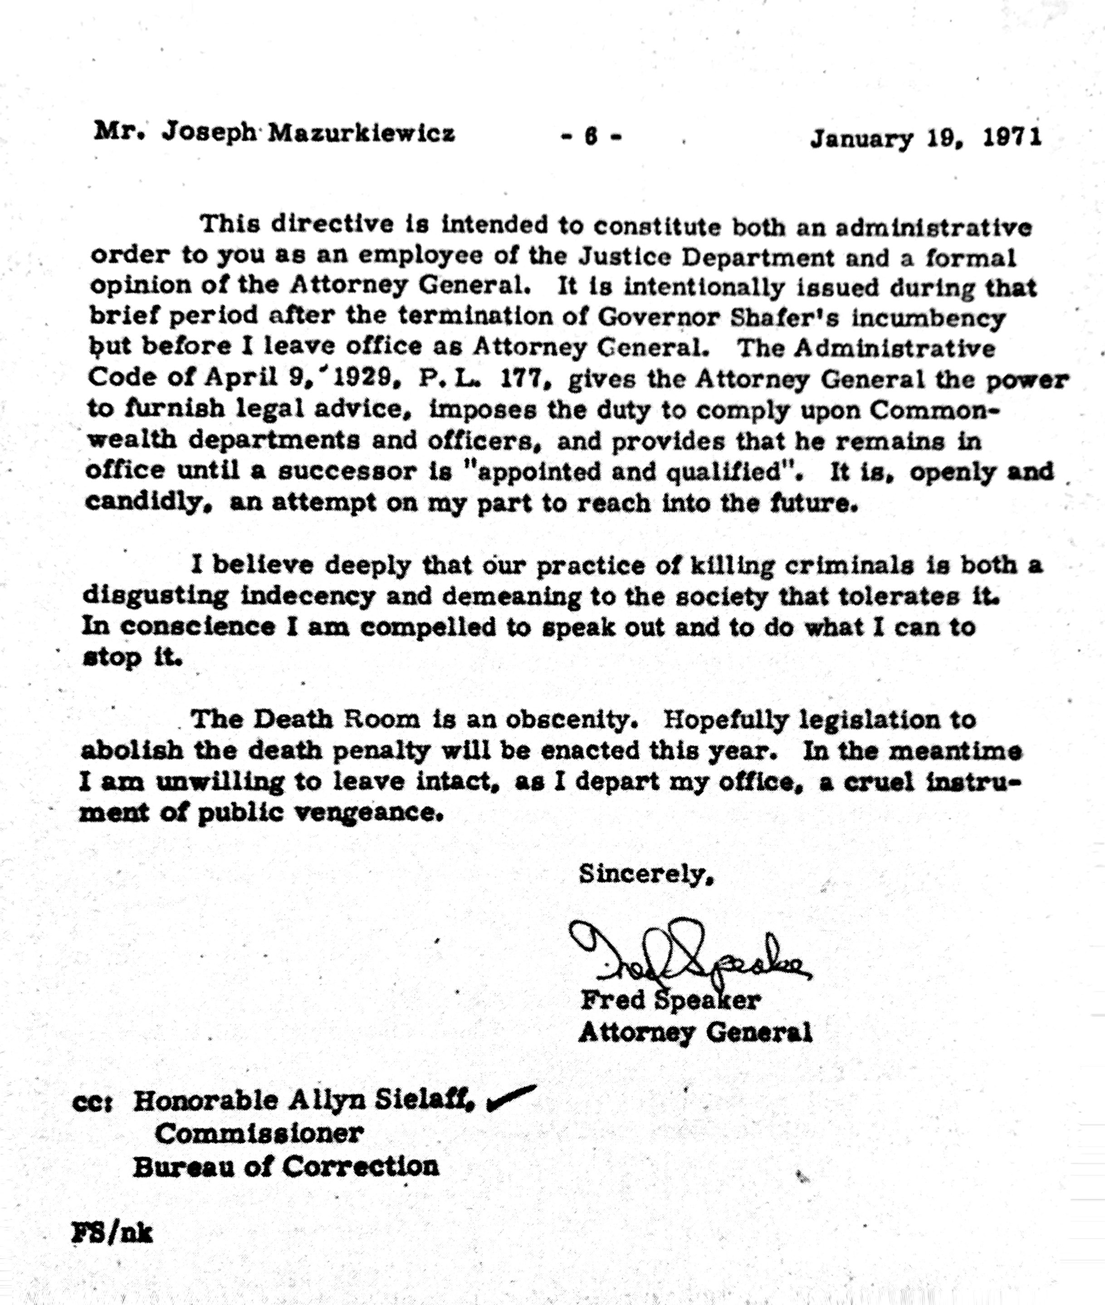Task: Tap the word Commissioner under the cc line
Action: coord(259,1134)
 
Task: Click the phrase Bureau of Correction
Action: coord(286,1166)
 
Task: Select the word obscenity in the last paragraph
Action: coord(571,720)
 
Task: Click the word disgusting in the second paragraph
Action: coord(156,595)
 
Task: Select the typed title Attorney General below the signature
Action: coord(695,1032)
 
